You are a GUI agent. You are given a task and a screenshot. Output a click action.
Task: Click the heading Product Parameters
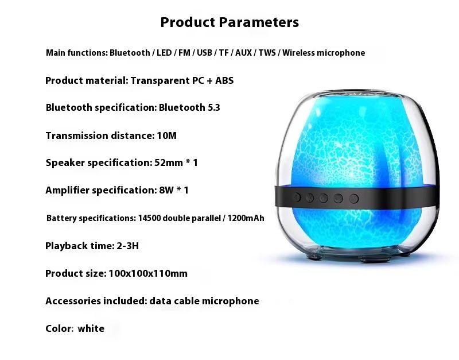coord(229,22)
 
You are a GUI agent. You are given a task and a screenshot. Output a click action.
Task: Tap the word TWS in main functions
coord(267,53)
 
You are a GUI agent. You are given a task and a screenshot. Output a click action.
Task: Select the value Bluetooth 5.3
coord(189,107)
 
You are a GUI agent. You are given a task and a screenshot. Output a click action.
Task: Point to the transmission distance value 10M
coord(166,136)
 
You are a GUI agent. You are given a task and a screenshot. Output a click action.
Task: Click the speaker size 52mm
coord(169,162)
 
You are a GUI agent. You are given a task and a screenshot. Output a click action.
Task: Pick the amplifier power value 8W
coord(166,190)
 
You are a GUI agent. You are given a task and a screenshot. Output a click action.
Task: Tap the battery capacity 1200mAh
coord(246,218)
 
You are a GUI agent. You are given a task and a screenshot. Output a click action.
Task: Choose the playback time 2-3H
coord(127,246)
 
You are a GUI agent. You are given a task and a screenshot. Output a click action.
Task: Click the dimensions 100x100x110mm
coord(148,273)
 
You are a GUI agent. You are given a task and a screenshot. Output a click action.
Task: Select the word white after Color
coord(91,328)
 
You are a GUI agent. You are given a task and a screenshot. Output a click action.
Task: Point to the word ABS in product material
coord(224,80)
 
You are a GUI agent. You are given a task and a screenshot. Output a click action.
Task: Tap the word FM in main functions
coord(184,53)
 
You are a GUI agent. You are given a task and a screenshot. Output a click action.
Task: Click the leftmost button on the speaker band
coord(297,197)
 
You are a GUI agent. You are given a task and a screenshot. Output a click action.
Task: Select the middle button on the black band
coord(324,198)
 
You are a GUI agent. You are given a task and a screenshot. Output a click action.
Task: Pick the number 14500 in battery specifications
coord(149,218)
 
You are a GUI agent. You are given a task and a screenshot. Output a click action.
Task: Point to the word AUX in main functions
coord(243,53)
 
